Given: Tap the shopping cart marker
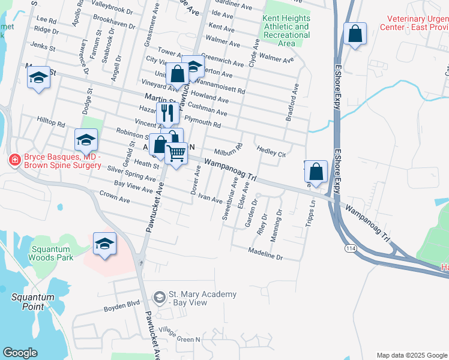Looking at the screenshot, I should coord(176,154).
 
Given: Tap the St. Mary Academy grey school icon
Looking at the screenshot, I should coord(159,297).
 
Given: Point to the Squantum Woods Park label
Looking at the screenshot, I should coord(44,253).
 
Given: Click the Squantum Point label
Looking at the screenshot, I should coord(32,301).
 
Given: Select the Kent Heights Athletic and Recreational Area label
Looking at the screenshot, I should coord(286,31).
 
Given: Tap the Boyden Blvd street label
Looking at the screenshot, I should coord(121,305).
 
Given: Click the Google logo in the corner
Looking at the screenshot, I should coord(20,353).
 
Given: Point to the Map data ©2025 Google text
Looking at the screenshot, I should coord(411,355).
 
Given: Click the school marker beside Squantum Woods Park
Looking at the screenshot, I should coord(104,244).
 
